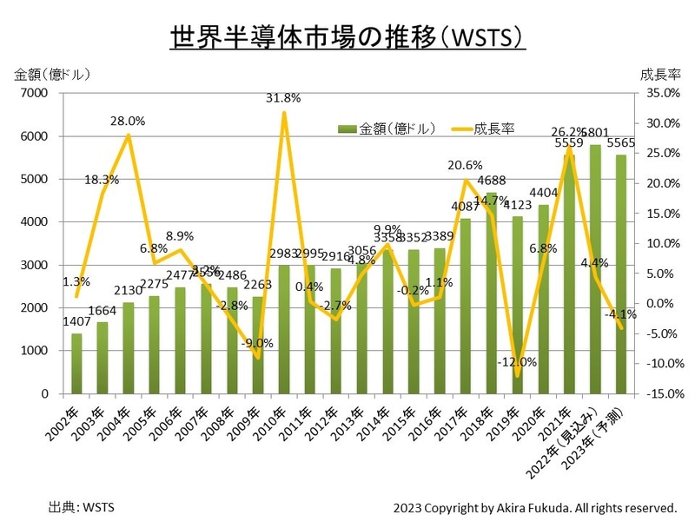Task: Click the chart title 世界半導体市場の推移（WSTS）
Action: (x=347, y=39)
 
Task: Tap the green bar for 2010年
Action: (x=283, y=330)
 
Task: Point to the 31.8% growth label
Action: (x=283, y=98)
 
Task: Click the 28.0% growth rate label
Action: (x=128, y=121)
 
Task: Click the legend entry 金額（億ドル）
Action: (x=386, y=129)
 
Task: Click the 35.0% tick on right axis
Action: (x=662, y=93)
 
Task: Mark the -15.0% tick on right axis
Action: (x=662, y=394)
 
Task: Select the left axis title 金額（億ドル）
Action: (x=53, y=75)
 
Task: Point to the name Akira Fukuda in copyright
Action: (x=532, y=506)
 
